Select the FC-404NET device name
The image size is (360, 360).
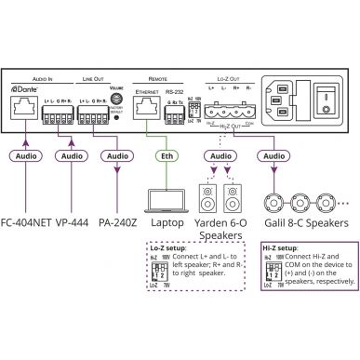(x=28, y=223)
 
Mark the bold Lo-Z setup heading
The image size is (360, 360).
(x=167, y=248)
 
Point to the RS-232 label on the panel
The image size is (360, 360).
(x=174, y=93)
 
